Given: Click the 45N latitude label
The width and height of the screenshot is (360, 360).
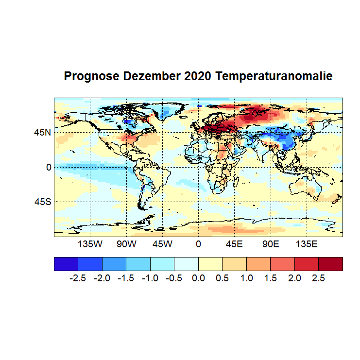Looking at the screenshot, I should pyautogui.click(x=42, y=132).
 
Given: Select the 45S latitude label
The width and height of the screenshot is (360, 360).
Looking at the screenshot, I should pyautogui.click(x=42, y=202).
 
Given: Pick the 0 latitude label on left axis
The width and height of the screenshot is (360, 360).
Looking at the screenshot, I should pyautogui.click(x=49, y=167).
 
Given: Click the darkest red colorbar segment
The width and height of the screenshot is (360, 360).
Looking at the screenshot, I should pyautogui.click(x=331, y=264).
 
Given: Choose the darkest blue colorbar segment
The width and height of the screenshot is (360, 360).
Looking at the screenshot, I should pyautogui.click(x=66, y=264).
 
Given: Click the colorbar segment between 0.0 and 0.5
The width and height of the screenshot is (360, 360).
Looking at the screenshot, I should pyautogui.click(x=210, y=264).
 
